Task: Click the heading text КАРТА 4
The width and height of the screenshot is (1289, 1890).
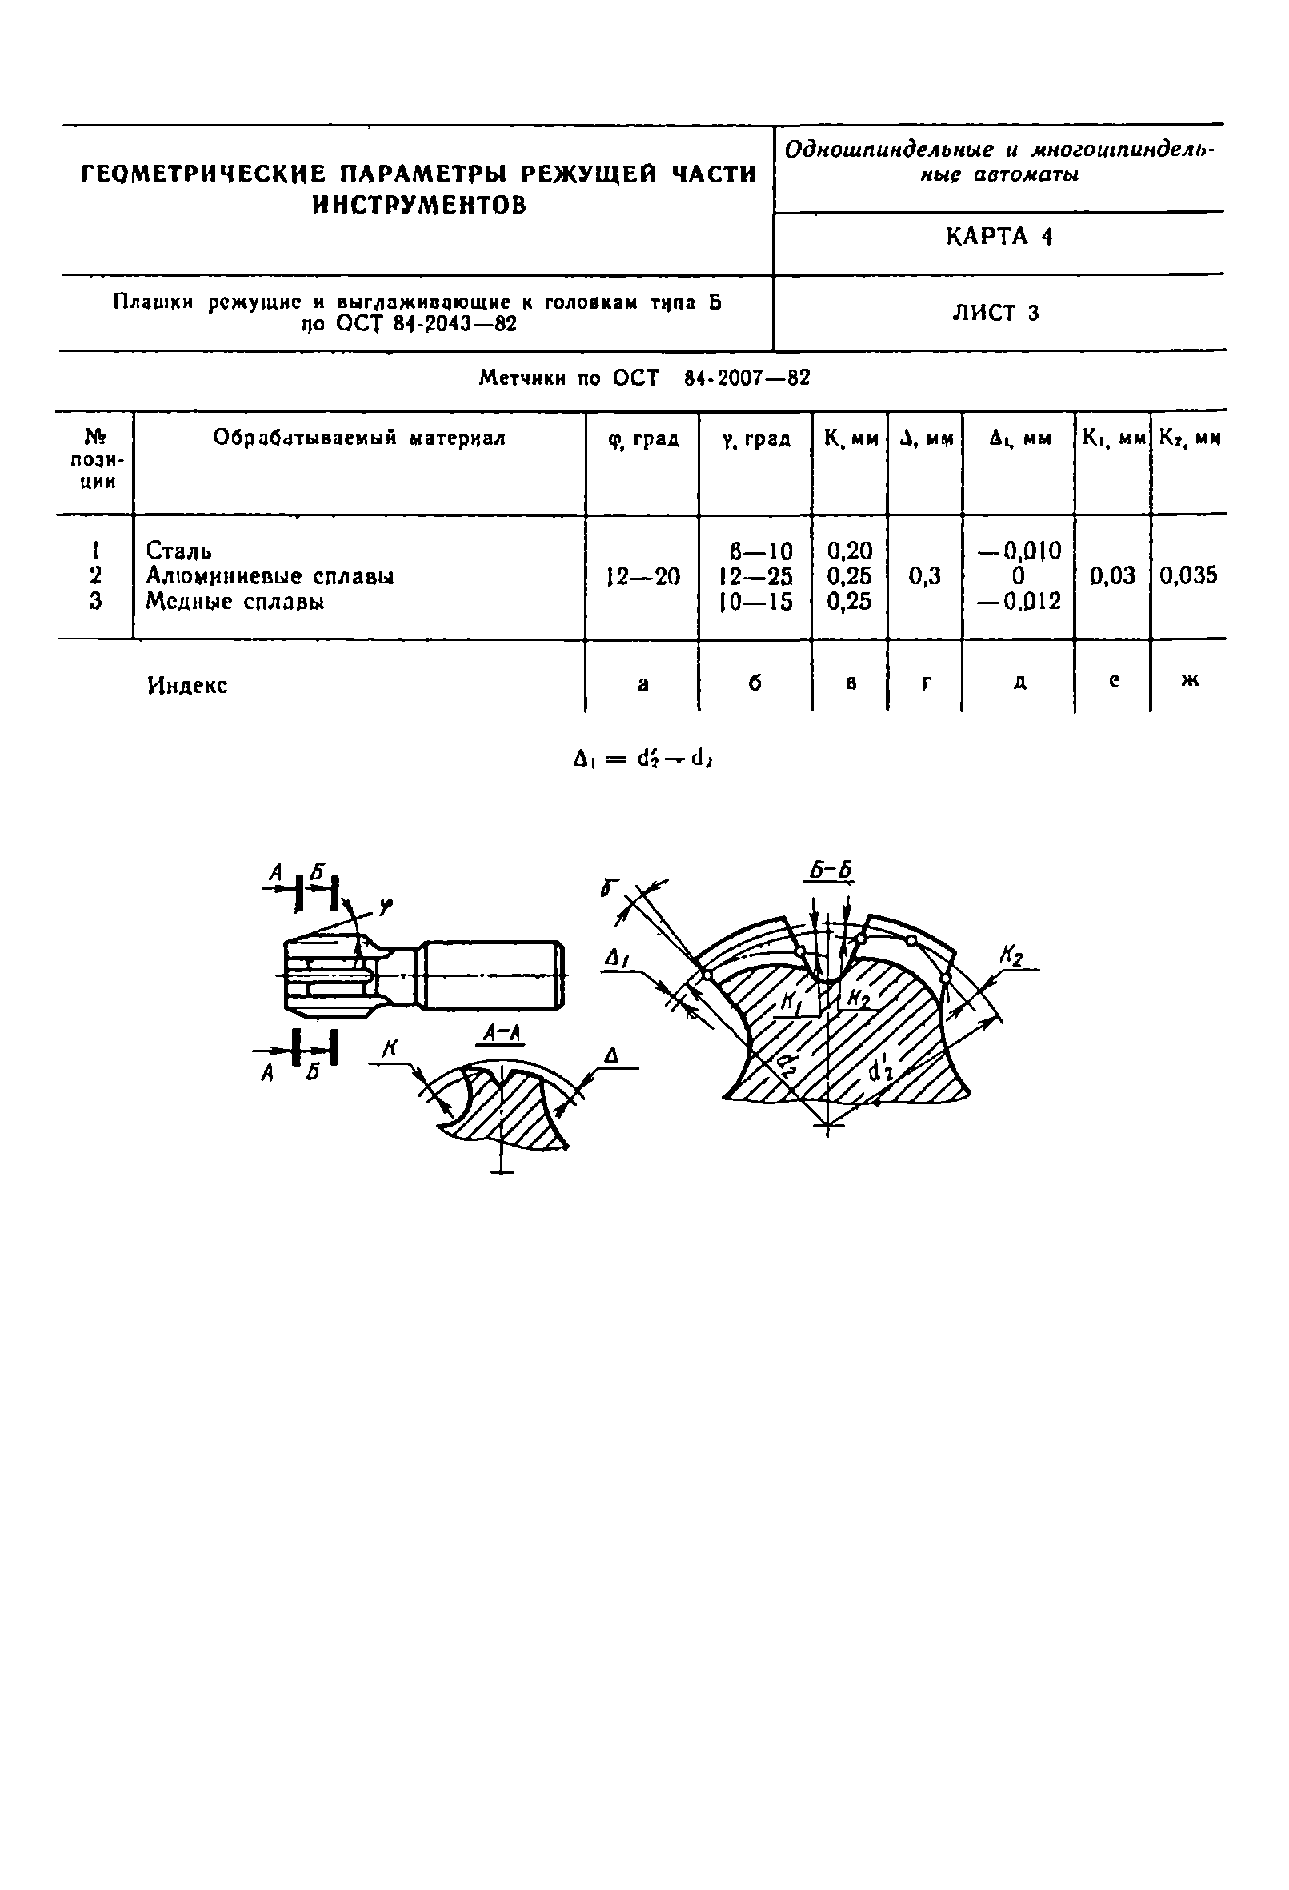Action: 999,237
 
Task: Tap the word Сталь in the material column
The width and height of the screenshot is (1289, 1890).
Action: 179,551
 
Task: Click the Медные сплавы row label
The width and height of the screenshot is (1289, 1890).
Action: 235,602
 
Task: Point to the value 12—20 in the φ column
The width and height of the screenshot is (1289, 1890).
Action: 642,578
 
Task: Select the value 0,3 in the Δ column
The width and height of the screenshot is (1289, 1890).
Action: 924,577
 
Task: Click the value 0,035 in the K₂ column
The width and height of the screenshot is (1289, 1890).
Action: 1188,577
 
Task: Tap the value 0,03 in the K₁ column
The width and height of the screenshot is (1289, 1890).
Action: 1111,577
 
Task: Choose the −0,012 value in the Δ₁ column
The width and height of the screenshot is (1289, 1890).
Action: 1019,602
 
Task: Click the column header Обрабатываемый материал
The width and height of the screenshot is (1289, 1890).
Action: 358,438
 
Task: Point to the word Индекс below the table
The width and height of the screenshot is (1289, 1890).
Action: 187,685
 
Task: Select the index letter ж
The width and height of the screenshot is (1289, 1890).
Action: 1189,681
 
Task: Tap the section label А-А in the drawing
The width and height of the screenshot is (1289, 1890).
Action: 501,1033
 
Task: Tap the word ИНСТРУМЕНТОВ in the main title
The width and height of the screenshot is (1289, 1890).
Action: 418,205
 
